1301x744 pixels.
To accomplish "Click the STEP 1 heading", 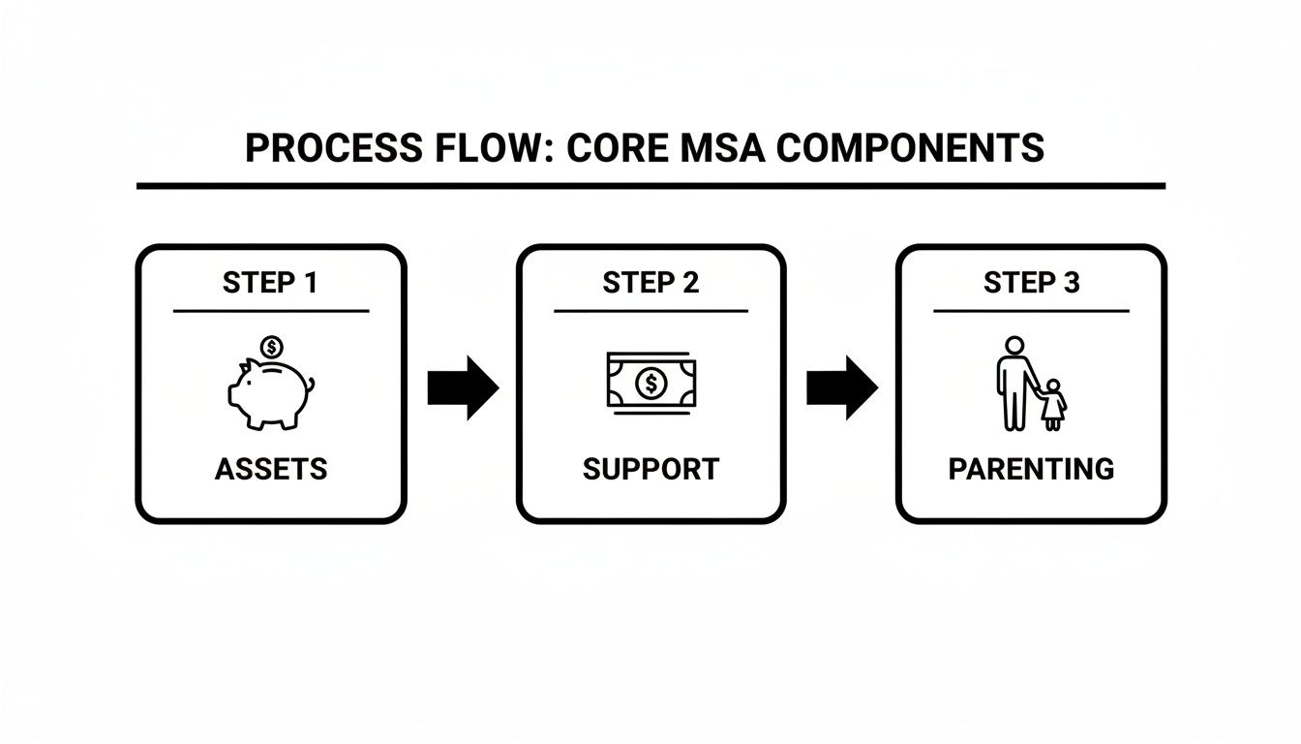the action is click(270, 283).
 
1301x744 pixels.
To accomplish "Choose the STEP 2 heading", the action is click(650, 283).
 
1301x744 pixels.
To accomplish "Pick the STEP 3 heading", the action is click(1032, 283).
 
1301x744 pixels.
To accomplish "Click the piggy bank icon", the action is click(271, 394).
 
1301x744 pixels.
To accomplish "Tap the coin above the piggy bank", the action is click(271, 347).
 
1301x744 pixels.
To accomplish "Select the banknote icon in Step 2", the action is click(651, 383).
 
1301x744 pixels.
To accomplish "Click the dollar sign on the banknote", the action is click(651, 383).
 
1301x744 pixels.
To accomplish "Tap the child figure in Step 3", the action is click(1053, 405).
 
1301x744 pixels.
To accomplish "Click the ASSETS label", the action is click(271, 469).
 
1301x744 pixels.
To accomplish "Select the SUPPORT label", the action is click(651, 469).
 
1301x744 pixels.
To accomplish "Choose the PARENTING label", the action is click(1032, 469).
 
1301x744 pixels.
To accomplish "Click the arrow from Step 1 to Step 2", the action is click(463, 387).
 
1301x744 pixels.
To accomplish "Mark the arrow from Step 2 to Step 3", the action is click(842, 387).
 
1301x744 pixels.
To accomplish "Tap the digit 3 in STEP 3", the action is click(1071, 283).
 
